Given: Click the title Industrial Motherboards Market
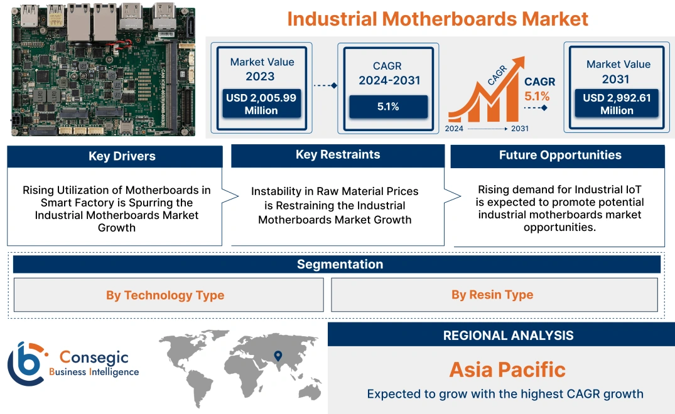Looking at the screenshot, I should pos(438,18).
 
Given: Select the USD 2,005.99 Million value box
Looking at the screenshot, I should pos(261,104).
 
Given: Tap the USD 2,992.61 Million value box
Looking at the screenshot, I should pos(617,104).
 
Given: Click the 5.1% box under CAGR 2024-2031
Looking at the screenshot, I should pos(388,107).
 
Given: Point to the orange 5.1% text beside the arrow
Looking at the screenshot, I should pos(537,96).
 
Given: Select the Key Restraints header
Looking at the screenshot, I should pos(338,155).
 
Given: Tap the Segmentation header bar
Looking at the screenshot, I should pos(340,264).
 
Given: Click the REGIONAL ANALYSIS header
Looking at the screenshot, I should pos(508,336).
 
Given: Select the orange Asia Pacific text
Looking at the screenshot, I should pos(507,369).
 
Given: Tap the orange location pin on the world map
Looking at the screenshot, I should pos(277,356).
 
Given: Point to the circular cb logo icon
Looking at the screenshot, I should pos(26,363).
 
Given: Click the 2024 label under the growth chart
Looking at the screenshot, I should pos(455,129).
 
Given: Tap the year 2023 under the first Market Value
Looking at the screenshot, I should pos(260,77).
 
